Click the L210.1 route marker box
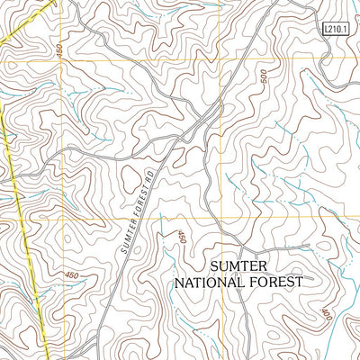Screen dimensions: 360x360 334,30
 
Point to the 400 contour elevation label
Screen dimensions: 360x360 325,315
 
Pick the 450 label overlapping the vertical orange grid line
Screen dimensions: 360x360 60,54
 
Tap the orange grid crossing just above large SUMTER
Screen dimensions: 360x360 221,219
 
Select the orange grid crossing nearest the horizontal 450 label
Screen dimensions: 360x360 61,219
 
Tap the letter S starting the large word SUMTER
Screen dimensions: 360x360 214,265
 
